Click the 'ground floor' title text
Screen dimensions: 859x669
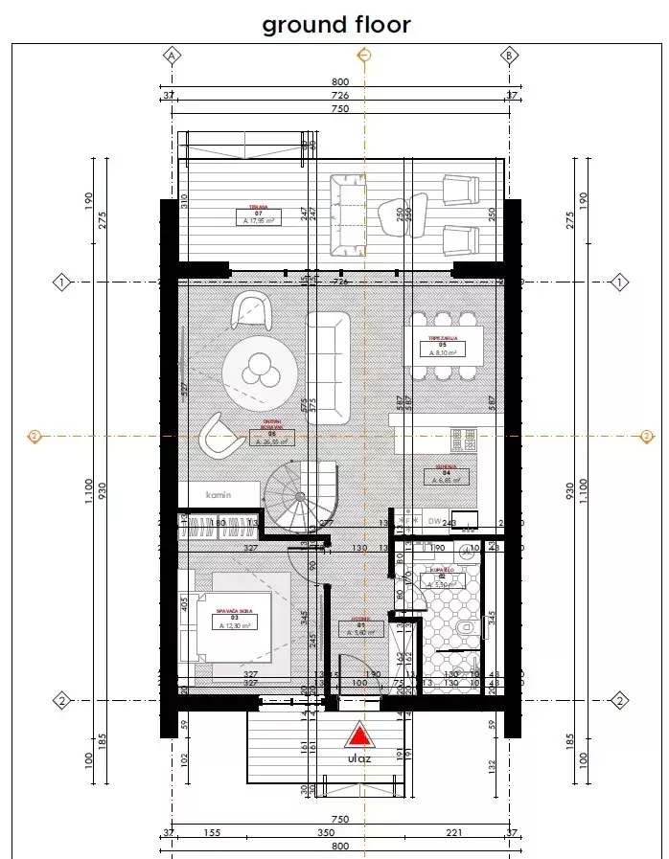pos(335,24)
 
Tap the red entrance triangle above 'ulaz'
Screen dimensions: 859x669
pos(358,735)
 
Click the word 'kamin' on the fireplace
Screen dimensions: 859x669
pos(219,494)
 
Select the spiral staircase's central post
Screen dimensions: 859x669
pos(300,497)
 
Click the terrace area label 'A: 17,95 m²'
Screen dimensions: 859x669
pos(259,220)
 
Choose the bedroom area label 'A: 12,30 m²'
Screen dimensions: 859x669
pos(234,625)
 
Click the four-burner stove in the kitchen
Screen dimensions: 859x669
pos(463,440)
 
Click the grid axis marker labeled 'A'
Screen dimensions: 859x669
pos(173,55)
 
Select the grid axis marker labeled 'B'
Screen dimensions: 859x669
pos(510,55)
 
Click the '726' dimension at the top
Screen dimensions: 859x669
pos(340,96)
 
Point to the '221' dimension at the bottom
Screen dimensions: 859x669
pos(454,834)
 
